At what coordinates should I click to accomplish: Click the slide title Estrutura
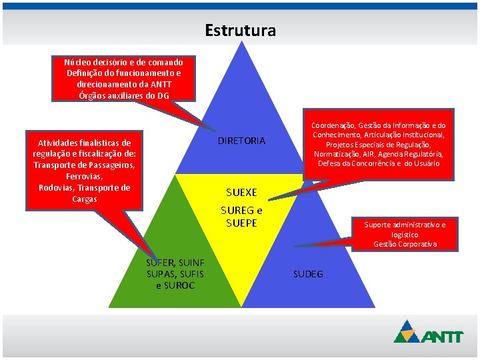coord(240,31)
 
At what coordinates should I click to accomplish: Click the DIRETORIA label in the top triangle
coord(241,141)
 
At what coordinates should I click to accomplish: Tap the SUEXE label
coord(241,193)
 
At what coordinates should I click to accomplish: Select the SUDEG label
coord(308,274)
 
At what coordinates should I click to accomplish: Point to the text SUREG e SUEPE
coord(241,217)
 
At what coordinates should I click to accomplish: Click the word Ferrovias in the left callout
coord(83,177)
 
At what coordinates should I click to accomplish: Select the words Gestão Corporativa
coord(405,244)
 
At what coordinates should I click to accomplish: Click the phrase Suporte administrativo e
coord(405,225)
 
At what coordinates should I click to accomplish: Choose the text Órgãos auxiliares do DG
coord(123,95)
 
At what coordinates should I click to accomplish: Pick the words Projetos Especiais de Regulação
coord(378,145)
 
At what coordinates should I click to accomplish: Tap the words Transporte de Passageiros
coord(84,165)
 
